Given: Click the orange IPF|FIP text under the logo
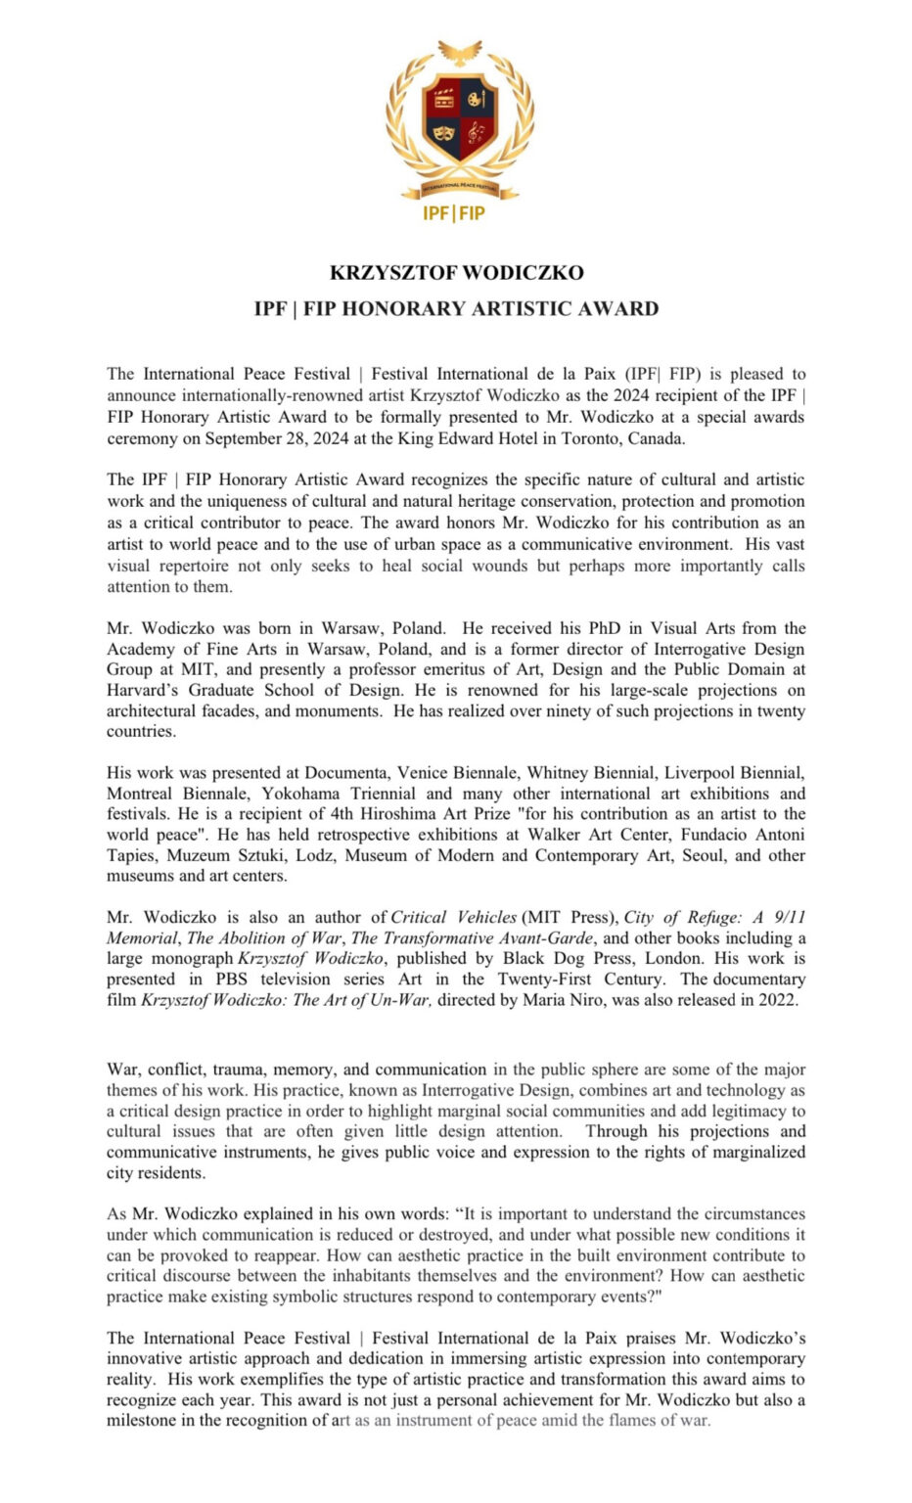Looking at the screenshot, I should tap(455, 213).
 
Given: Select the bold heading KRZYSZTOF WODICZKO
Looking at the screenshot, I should tap(456, 272).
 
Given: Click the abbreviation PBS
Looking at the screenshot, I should tap(236, 979).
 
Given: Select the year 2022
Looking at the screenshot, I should tap(777, 1000).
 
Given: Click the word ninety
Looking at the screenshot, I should tap(552, 711).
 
